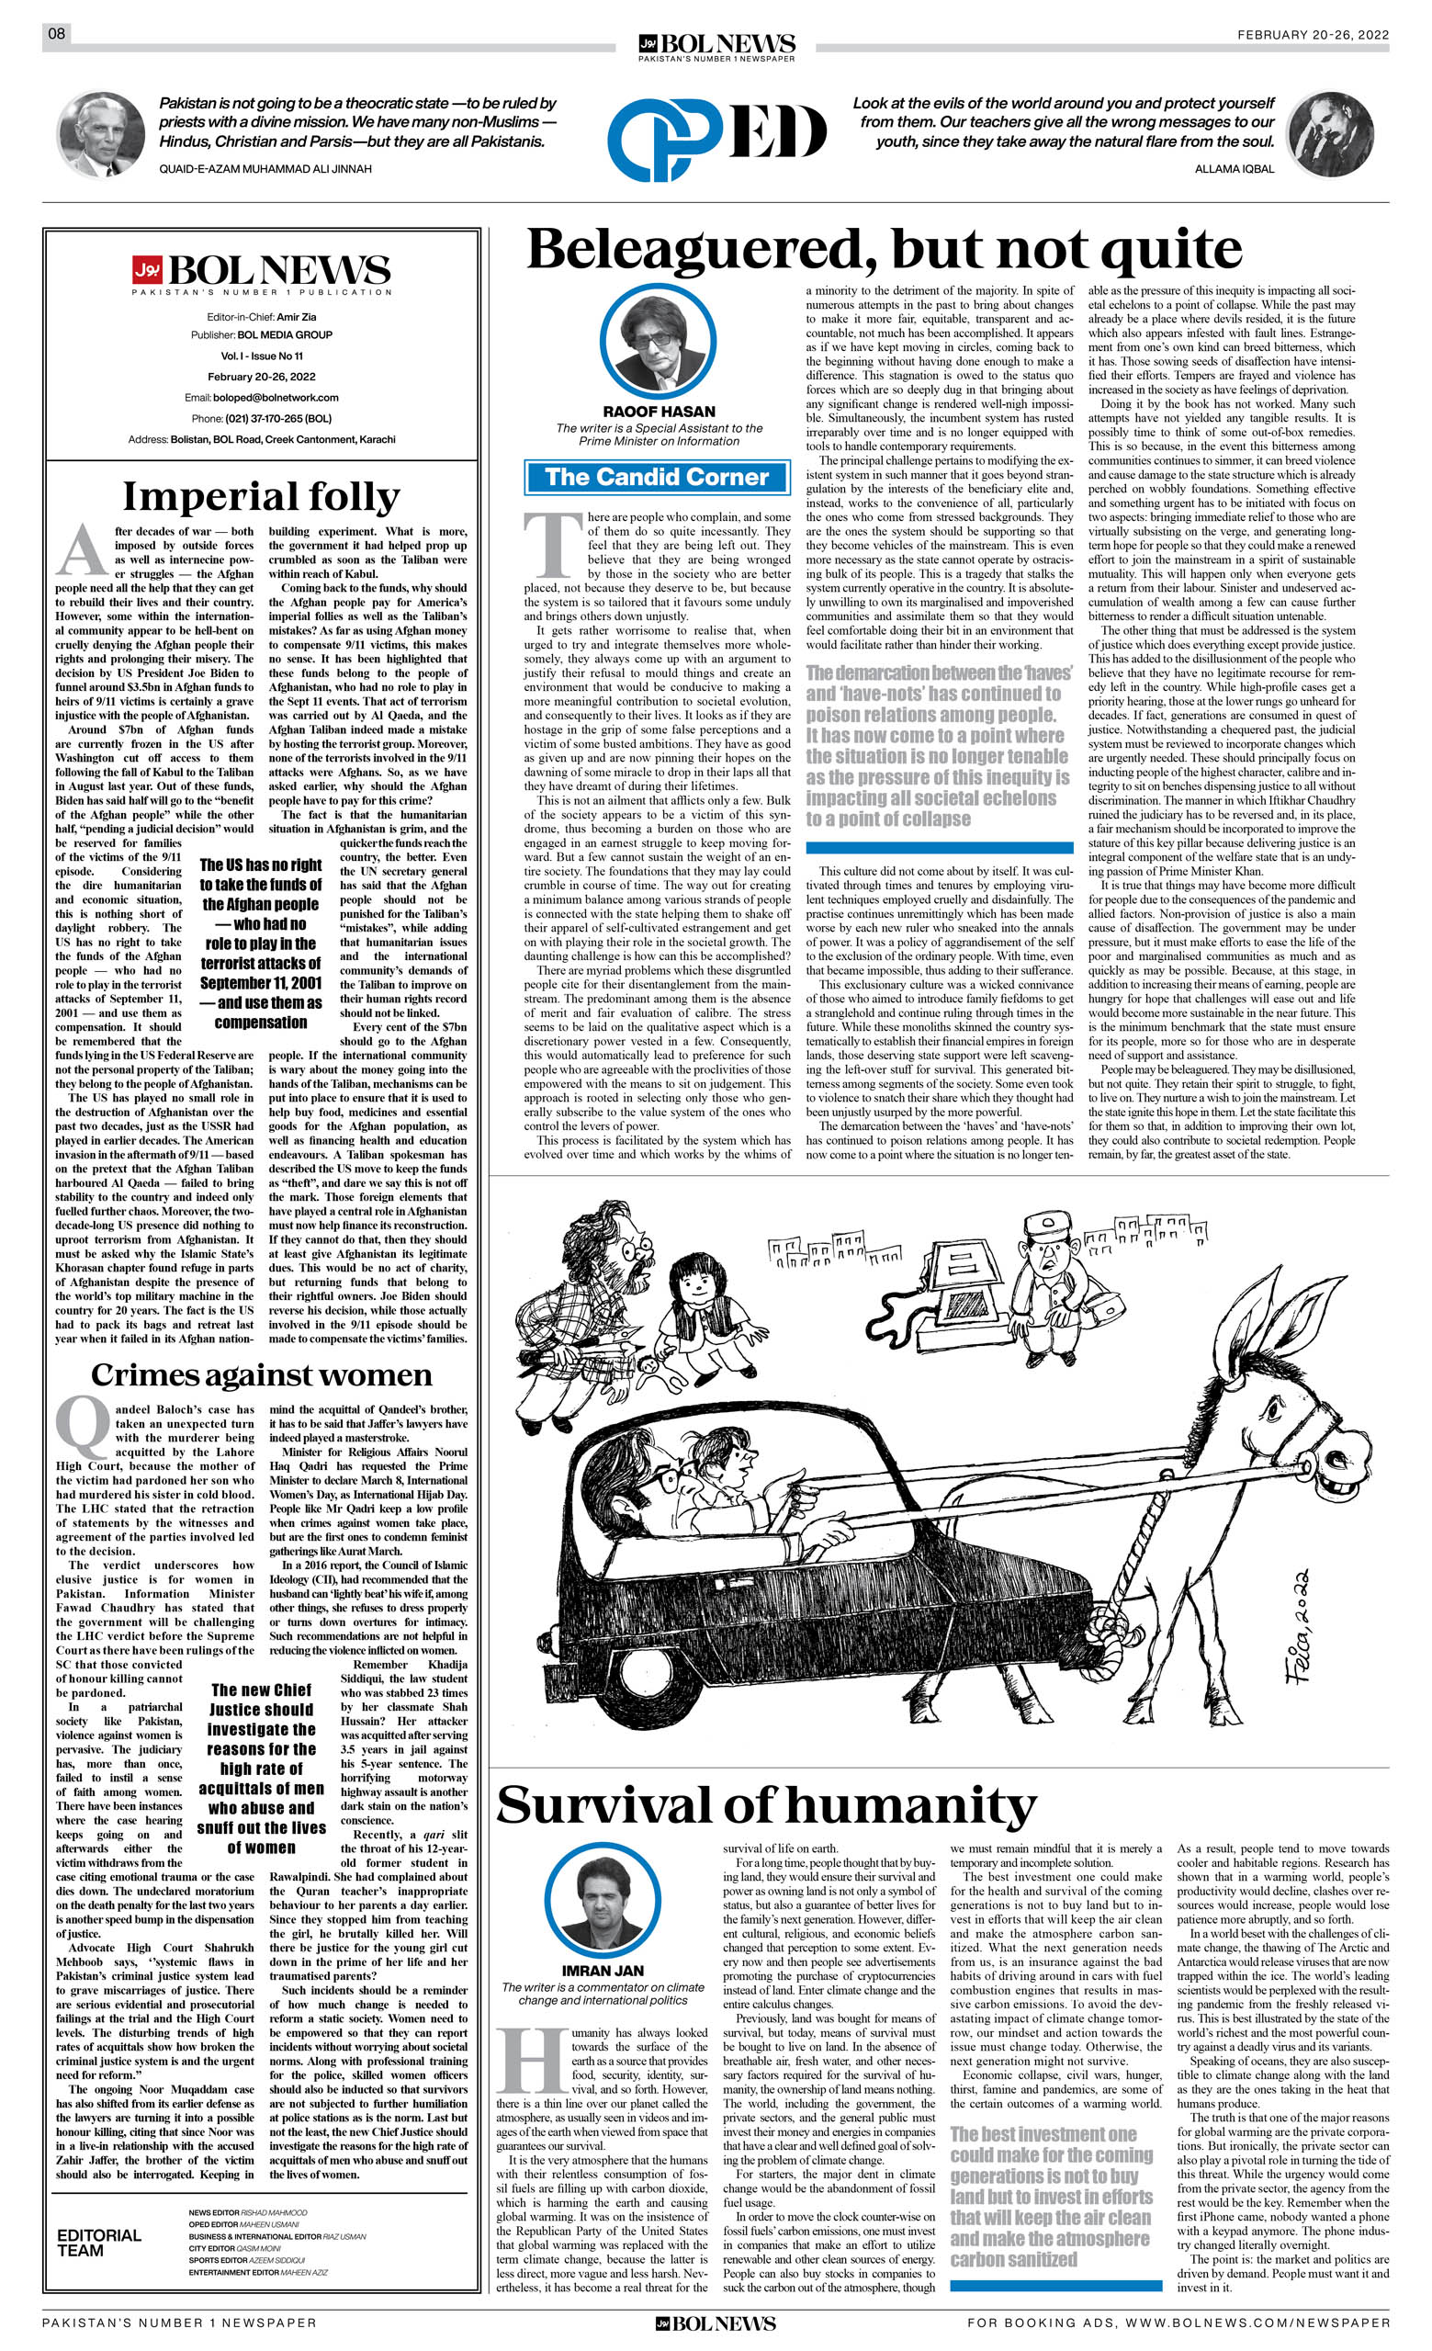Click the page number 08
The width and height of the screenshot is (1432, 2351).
pos(56,34)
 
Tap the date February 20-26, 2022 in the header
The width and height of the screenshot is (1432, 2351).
pos(1313,34)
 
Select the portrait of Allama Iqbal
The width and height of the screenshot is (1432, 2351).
pos(1330,135)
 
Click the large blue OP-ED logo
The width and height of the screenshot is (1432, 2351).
pos(717,134)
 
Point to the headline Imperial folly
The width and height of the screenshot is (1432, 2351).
pos(261,497)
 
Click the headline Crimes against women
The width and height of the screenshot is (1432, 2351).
pos(262,1375)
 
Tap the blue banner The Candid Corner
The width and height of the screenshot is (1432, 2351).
pos(658,477)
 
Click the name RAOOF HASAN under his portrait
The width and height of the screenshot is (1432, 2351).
pos(659,413)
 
